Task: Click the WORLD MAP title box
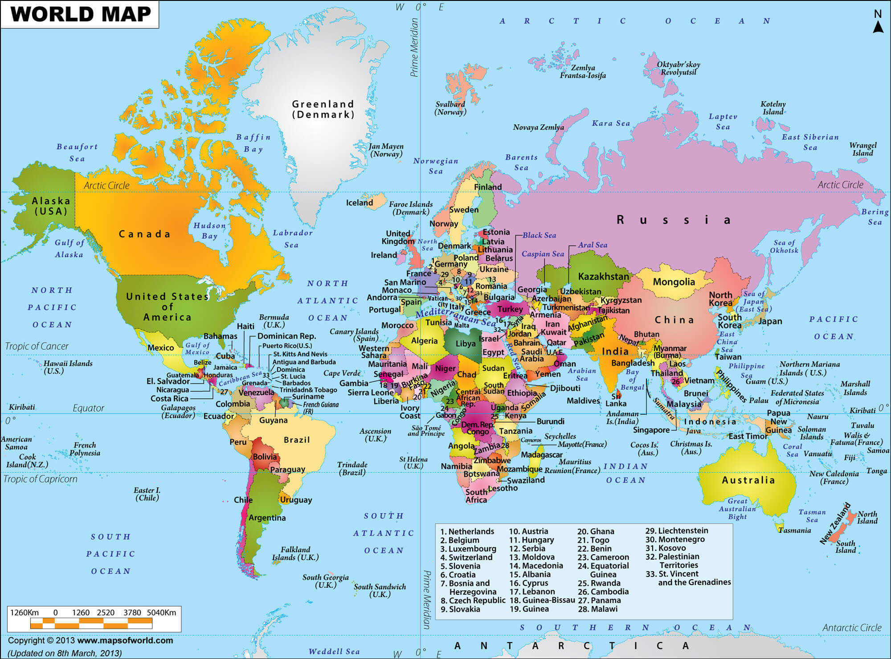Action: click(80, 14)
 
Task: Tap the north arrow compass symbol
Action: click(878, 22)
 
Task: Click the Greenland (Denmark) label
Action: click(323, 109)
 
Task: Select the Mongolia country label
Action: click(674, 282)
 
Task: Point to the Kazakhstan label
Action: click(603, 276)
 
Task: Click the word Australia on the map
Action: click(748, 480)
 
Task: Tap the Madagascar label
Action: click(541, 454)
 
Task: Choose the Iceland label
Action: click(360, 203)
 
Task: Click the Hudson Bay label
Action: click(209, 230)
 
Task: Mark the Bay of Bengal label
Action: click(632, 380)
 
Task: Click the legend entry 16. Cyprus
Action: click(528, 583)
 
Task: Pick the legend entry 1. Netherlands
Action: click(467, 531)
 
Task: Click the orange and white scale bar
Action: click(91, 624)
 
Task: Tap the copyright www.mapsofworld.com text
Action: click(90, 640)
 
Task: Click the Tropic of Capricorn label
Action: click(40, 479)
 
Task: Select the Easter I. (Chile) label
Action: click(147, 494)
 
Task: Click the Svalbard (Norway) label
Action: click(450, 108)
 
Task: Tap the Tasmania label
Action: click(794, 530)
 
